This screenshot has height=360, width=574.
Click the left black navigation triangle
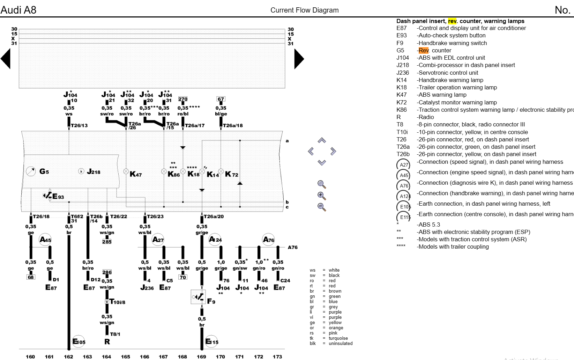point(6,59)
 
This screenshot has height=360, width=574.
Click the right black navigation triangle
point(299,59)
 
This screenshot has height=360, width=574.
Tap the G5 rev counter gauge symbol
point(31,171)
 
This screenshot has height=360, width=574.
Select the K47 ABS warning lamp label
point(135,174)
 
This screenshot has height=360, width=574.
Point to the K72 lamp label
point(231,174)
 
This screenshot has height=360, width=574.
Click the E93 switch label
point(58,197)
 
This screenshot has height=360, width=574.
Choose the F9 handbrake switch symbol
point(198,297)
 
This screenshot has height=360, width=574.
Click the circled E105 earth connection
point(79,341)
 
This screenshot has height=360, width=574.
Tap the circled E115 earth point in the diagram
point(211,341)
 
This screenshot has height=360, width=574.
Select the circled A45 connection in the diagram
point(45,240)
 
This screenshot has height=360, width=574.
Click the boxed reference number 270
point(183,99)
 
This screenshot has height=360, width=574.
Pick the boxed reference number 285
point(107,242)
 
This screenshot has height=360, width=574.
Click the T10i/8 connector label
point(118,302)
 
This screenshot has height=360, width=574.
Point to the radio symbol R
point(107,341)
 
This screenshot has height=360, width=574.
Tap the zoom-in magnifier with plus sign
point(321,196)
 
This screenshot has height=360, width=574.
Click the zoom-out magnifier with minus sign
point(321,207)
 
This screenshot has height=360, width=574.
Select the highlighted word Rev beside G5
point(423,50)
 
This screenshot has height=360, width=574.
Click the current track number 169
point(201,357)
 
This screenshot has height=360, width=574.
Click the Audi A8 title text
point(18,10)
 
